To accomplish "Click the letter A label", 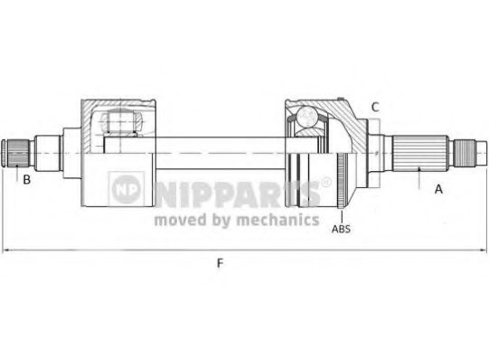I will [x=438, y=189].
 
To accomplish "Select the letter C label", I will [x=373, y=108].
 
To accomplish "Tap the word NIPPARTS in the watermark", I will [x=234, y=191].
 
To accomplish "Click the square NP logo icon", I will [x=126, y=188].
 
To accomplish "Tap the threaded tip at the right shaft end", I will [x=471, y=150].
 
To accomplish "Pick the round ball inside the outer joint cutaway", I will [x=305, y=118].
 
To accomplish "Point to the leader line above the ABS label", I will [x=337, y=205].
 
